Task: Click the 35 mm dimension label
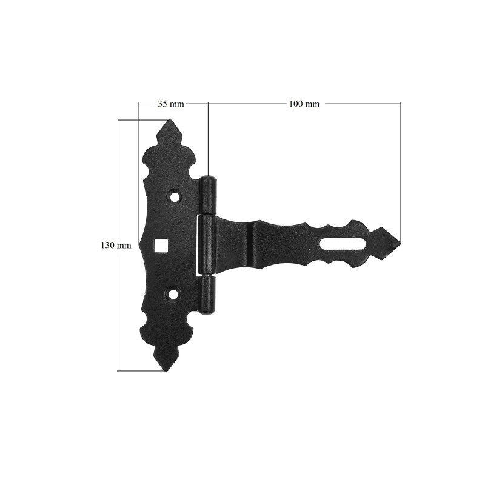coord(171,104)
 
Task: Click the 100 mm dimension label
coord(304,104)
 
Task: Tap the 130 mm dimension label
coord(116,246)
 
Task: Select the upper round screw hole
coord(176,196)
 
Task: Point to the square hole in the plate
coord(160,246)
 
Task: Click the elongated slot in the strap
coord(343,244)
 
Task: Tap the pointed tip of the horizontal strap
coord(400,242)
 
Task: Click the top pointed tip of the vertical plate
coord(169,121)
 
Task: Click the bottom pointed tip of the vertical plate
coord(167,370)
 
